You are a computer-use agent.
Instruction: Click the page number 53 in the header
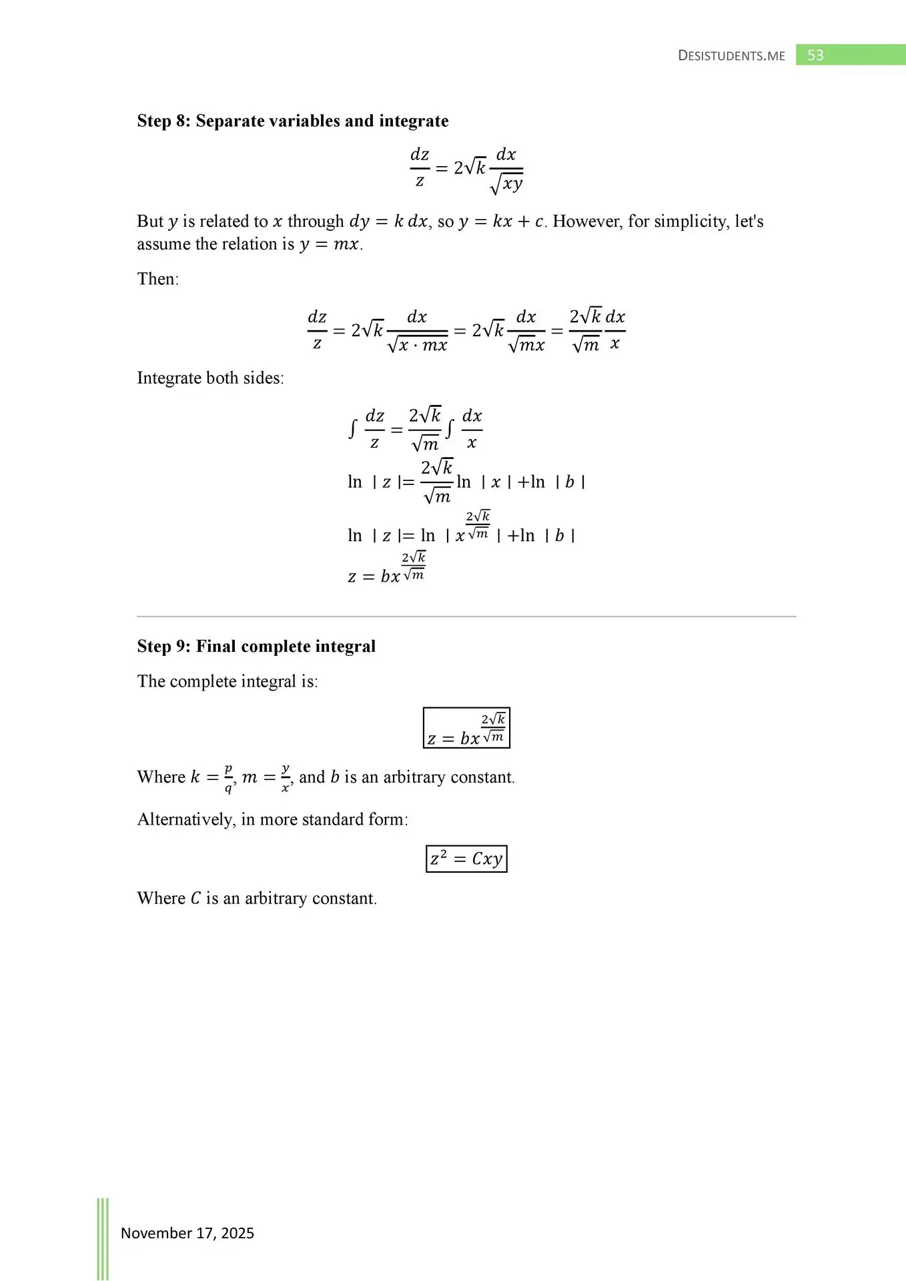(815, 55)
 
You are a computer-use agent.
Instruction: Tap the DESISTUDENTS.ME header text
(731, 56)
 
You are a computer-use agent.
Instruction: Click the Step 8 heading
(292, 121)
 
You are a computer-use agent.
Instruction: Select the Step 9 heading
(256, 646)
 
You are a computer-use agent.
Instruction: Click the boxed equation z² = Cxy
(466, 859)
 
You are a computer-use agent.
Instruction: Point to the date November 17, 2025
(187, 1233)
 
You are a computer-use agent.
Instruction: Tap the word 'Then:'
(158, 279)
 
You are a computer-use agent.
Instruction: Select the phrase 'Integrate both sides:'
(210, 378)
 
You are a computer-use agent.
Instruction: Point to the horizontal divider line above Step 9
(466, 616)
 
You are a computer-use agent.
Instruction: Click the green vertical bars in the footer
(103, 1238)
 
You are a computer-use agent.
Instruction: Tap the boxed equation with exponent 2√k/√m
(466, 728)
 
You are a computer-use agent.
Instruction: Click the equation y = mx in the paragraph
(330, 244)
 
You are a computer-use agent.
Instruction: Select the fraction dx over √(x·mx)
(418, 331)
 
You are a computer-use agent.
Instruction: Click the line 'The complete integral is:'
(228, 681)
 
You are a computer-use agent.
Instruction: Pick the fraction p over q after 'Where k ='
(228, 778)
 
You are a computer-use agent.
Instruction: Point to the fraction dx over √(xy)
(506, 169)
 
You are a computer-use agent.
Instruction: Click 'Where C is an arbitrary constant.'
(257, 898)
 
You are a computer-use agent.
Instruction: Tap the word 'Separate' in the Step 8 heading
(230, 121)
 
